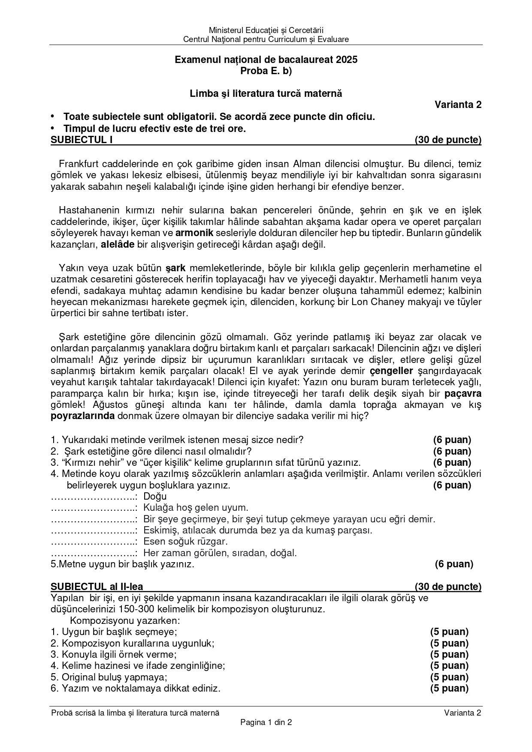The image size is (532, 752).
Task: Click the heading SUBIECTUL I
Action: pos(82,140)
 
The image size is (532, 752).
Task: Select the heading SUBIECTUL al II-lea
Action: pos(97,587)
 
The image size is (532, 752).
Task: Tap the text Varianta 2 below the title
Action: pos(458,105)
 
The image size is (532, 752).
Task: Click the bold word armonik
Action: pos(194,234)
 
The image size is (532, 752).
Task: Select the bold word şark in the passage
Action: pos(176,268)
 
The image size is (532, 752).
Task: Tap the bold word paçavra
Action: pos(463,393)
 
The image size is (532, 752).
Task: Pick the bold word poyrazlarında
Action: pos(82,416)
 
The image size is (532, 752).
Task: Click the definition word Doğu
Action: pos(155,497)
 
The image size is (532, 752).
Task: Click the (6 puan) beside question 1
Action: pos(452,440)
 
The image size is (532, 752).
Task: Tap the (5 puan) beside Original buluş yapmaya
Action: pos(449,677)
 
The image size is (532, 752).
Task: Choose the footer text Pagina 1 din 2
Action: pos(266,722)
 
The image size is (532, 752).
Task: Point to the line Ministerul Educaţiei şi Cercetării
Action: pos(266,30)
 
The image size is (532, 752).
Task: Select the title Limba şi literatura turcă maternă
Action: pos(266,93)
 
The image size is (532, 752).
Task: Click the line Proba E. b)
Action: pos(266,71)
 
